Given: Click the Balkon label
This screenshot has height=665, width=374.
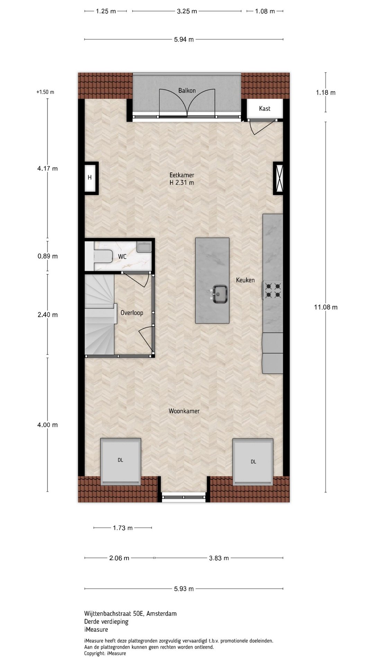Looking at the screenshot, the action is [187, 90].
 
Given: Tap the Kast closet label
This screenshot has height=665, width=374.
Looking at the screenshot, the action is [265, 108].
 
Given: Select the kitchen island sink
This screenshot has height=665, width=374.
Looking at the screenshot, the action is [220, 294].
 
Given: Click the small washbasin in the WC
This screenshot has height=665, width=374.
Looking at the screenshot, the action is [144, 247].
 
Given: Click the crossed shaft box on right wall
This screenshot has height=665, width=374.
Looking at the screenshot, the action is [278, 178].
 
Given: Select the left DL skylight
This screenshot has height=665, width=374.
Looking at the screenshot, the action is [121, 461].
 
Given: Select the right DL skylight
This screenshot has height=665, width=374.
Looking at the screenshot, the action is [253, 462].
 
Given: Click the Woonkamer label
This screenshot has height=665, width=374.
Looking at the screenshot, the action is [184, 411].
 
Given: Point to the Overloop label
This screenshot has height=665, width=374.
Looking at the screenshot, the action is [132, 313].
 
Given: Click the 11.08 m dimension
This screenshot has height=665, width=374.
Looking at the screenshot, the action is [326, 307].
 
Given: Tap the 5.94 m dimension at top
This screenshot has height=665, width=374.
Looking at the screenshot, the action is [184, 39].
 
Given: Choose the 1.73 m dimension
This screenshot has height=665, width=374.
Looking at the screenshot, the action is [123, 528].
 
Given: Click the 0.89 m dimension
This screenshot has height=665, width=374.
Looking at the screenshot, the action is [48, 256].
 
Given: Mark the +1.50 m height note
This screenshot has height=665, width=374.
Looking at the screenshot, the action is [45, 92].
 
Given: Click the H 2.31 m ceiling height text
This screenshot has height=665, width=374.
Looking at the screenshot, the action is [182, 183].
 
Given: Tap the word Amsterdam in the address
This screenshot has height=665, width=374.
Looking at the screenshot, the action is [161, 613].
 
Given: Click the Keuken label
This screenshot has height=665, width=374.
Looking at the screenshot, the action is [245, 280].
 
